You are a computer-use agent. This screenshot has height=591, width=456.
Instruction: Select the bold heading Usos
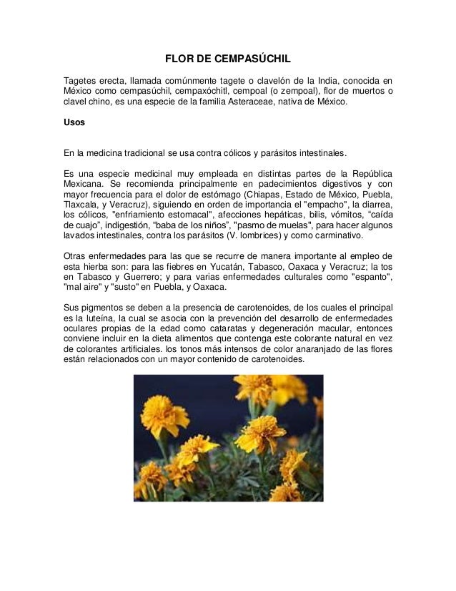74,122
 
